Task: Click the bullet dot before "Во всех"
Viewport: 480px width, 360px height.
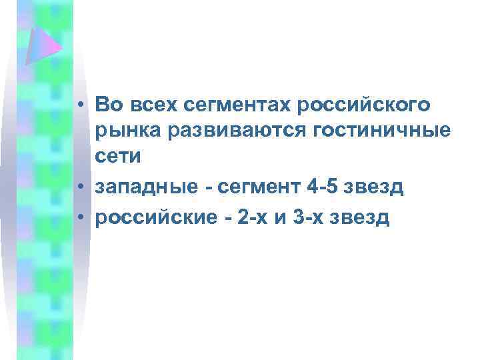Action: click(x=79, y=105)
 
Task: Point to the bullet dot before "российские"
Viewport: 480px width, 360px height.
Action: click(x=79, y=218)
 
